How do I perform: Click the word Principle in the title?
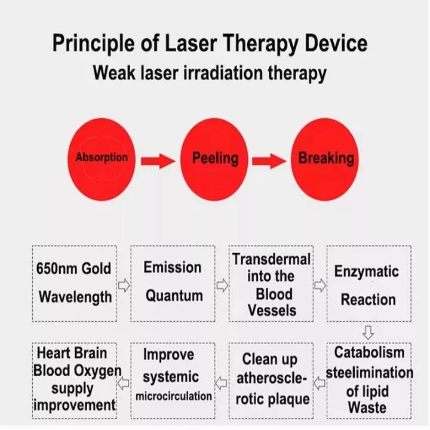(93, 44)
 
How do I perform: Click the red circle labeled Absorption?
(102, 159)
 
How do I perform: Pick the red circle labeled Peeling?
(214, 159)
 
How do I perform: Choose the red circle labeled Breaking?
(325, 159)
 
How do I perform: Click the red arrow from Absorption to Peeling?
(158, 161)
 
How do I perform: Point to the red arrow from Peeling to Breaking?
(269, 161)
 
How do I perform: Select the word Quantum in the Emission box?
(174, 296)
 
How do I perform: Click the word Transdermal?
(271, 259)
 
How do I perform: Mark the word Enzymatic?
(366, 272)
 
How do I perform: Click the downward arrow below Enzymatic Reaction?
(368, 333)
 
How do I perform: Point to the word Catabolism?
(369, 352)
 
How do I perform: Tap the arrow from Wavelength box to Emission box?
(124, 285)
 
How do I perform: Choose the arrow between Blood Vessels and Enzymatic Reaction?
(320, 285)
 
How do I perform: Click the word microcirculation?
(174, 397)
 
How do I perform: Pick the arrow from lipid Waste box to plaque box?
(319, 383)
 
